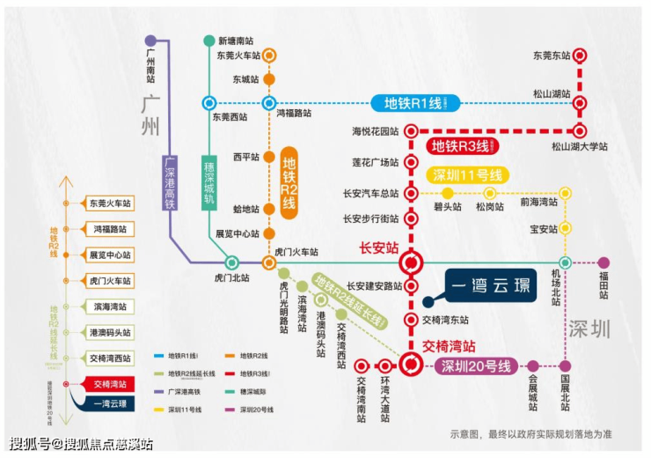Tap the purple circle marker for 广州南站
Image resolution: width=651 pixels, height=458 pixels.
coord(150,41)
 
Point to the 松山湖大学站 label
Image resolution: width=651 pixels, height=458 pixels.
coord(580,146)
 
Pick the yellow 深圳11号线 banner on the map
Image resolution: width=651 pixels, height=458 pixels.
coord(466,174)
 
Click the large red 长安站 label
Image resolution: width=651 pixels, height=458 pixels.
coord(381,247)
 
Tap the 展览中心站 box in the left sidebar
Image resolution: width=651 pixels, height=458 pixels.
coord(110,255)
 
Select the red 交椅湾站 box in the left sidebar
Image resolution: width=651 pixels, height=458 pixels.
coord(110,384)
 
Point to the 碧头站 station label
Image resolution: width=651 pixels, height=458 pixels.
coord(447,208)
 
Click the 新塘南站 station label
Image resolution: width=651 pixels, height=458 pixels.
coord(235,41)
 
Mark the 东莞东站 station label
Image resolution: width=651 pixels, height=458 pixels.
coord(552,55)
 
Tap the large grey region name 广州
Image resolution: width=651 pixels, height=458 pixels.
coord(152,114)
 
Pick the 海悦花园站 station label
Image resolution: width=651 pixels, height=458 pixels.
coord(376,131)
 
